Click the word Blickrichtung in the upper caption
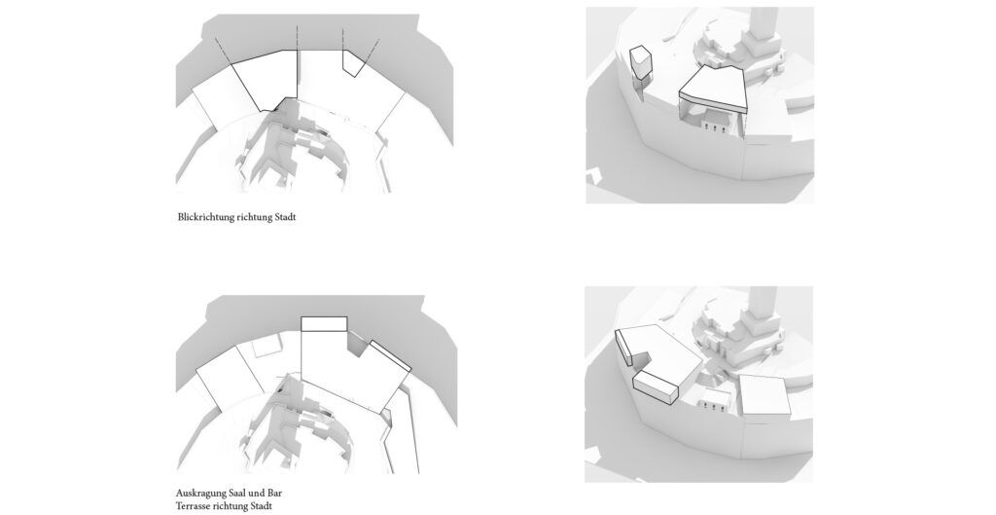(x=205, y=217)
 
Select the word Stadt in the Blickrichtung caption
(x=285, y=217)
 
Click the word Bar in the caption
(x=274, y=493)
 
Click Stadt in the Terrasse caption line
(x=261, y=506)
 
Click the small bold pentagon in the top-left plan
(x=351, y=62)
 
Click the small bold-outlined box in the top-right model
(x=640, y=62)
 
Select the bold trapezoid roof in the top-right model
(x=713, y=90)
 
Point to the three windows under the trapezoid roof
(x=714, y=129)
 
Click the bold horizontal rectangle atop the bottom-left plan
(x=324, y=323)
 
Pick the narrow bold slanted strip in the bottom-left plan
(x=390, y=355)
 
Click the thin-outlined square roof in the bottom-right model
(x=765, y=395)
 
